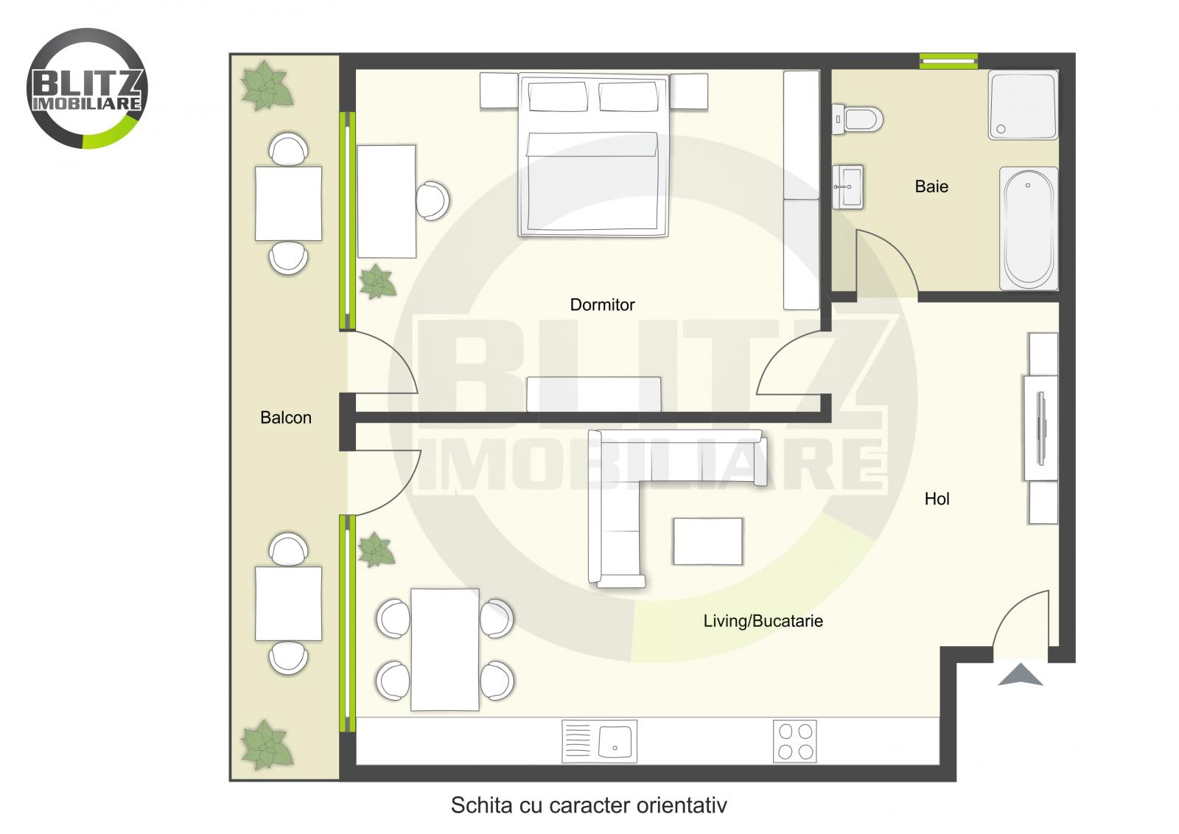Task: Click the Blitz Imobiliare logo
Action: [87, 88]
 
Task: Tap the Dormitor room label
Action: [602, 305]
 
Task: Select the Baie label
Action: [931, 187]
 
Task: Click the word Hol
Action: [937, 500]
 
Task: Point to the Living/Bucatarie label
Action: [763, 621]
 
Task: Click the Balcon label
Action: [286, 418]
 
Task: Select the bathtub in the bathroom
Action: [1029, 228]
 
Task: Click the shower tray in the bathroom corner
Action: [1023, 105]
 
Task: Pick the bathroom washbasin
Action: [848, 187]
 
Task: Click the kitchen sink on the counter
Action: [599, 741]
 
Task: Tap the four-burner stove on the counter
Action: [795, 741]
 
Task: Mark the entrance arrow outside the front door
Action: [1021, 675]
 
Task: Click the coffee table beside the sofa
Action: [707, 542]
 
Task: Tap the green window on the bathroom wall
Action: [948, 61]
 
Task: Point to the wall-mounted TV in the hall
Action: [1041, 428]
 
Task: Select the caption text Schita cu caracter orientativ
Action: [589, 805]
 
